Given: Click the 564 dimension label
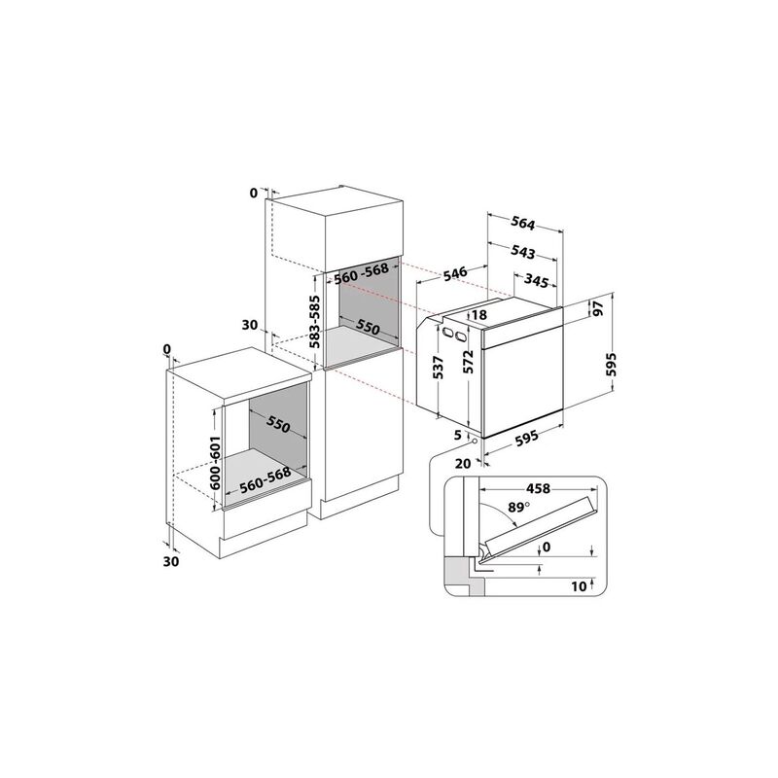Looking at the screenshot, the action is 523,225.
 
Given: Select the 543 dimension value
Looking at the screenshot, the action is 523,253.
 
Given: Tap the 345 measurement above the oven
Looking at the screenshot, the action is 536,281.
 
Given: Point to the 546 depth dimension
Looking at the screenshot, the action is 455,274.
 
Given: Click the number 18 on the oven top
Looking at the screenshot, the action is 479,314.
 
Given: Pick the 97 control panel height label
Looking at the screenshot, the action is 598,308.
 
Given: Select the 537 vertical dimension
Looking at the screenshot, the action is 439,368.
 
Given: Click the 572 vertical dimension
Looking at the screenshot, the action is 469,361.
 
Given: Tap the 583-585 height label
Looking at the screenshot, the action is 315,322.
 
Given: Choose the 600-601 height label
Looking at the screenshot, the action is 215,463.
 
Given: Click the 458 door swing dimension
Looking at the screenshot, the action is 539,489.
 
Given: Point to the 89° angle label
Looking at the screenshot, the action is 519,508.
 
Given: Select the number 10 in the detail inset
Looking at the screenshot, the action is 579,586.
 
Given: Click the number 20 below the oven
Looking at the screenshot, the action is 463,464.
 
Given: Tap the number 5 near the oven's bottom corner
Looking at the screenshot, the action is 457,435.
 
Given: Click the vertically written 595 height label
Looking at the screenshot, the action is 614,365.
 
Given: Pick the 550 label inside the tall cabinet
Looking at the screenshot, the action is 369,327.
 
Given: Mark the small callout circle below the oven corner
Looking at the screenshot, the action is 476,441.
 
